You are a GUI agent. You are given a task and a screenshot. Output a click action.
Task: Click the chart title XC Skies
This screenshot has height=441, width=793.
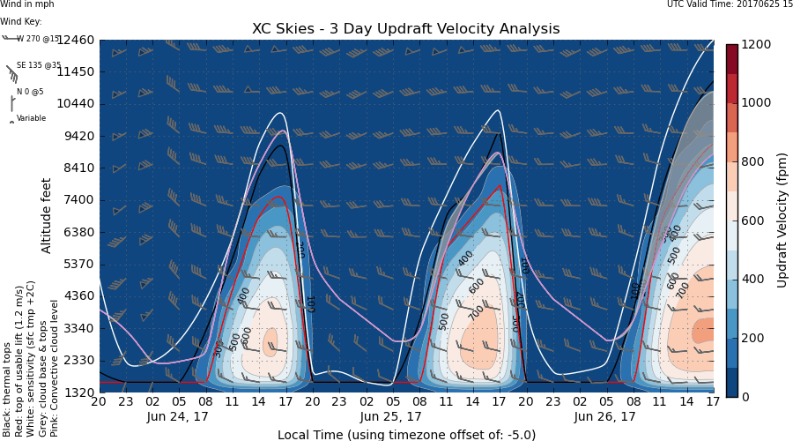tap(405, 29)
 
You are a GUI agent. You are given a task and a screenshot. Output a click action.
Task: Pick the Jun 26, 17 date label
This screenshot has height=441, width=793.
tap(604, 416)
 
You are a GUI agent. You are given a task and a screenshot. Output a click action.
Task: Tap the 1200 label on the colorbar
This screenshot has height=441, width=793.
tap(756, 44)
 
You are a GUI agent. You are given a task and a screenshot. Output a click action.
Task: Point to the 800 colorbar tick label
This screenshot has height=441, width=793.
tap(752, 161)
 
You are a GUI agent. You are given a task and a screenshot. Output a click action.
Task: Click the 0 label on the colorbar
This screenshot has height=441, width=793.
tap(745, 397)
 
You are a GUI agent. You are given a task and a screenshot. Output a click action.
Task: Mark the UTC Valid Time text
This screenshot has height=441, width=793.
tap(730, 5)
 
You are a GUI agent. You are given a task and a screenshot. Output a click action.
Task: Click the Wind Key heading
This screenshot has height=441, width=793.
tap(20, 21)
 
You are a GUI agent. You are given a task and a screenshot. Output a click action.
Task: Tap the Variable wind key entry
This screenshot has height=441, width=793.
tap(31, 118)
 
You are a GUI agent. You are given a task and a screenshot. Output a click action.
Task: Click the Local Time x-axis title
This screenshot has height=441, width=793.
tap(406, 434)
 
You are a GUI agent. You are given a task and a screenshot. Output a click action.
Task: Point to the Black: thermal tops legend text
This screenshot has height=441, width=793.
tap(6, 379)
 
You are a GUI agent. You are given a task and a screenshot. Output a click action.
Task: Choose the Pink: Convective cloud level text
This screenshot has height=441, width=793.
tap(56, 369)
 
